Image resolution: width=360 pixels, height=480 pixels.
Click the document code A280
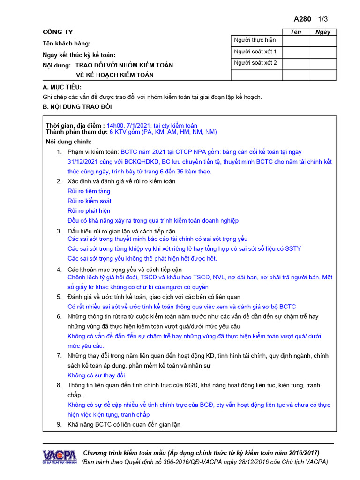302,19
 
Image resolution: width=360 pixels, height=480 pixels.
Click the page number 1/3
323,19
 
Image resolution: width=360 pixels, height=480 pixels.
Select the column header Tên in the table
296,32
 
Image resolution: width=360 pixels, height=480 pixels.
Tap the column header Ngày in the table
323,32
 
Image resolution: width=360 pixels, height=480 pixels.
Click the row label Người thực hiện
255,40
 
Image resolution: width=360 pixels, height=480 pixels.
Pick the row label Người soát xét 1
255,52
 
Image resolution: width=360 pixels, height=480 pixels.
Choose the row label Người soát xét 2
255,63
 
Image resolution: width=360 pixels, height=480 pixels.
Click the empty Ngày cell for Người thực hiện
323,41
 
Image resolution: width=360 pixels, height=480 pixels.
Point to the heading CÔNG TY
58,32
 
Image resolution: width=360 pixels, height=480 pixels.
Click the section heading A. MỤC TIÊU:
62,87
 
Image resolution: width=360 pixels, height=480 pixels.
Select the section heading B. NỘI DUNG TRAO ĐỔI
77,107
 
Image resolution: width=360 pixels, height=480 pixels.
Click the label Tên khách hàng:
67,44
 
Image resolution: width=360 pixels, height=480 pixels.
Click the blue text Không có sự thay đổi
97,375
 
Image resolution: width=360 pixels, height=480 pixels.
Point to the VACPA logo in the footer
59,457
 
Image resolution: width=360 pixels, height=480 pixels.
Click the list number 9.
59,425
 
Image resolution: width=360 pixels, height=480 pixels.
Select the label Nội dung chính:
69,142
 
